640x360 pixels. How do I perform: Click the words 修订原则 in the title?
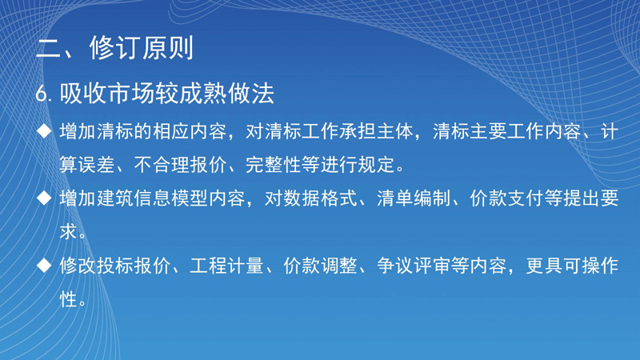(x=142, y=48)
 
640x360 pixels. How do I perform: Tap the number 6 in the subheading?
(x=42, y=94)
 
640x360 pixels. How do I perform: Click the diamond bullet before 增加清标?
(x=44, y=131)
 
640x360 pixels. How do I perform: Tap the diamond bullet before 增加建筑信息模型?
(x=44, y=198)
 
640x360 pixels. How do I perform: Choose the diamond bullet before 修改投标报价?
(x=44, y=266)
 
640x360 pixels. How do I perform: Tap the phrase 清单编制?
(x=414, y=198)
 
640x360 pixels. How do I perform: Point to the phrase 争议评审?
(x=414, y=266)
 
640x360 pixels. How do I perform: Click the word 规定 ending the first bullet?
(x=376, y=165)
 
